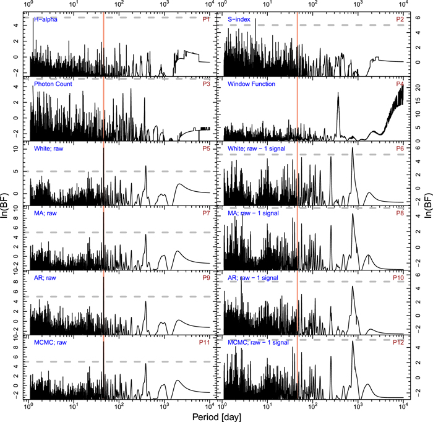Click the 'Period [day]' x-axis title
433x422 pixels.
[x=216, y=415]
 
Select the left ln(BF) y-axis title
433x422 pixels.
[x=6, y=212]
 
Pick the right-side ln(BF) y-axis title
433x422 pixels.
[x=426, y=212]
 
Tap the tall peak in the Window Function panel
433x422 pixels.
[x=338, y=93]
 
